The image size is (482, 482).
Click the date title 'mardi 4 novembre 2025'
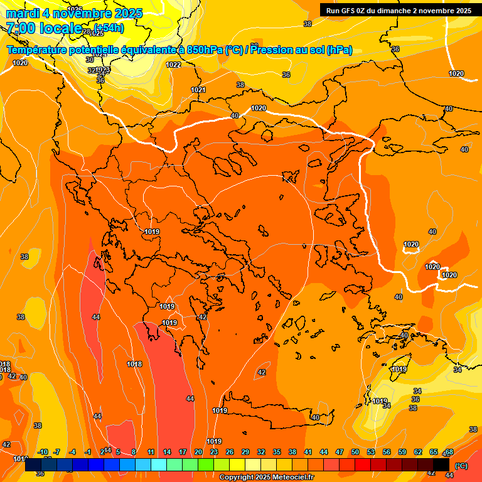coord(74,13)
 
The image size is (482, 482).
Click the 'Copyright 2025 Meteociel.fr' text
coord(266,478)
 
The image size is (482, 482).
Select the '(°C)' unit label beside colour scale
coord(461,466)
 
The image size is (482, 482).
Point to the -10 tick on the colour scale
coord(43,452)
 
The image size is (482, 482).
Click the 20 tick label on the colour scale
coord(198,452)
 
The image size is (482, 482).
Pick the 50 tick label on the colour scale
coord(355,452)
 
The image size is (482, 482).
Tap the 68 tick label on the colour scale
coord(449,452)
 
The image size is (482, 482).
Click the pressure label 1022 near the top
coord(173,65)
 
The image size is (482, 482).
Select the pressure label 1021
coord(198,90)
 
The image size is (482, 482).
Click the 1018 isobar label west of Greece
coord(134,364)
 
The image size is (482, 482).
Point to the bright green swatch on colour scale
coord(206,465)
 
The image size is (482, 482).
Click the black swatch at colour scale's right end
coord(441,465)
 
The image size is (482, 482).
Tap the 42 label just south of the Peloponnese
coord(262,372)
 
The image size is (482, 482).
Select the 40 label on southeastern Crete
coord(315,417)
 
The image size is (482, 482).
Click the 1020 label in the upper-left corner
coord(20,63)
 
